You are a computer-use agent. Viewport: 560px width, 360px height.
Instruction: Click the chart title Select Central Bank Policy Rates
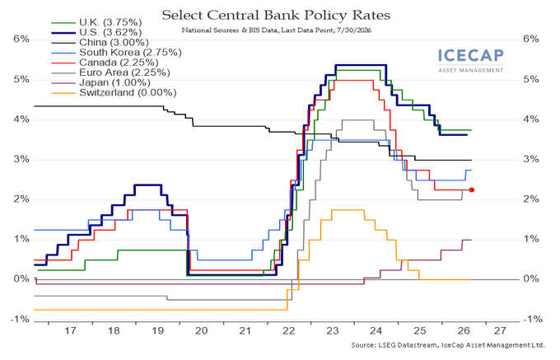pyautogui.click(x=276, y=15)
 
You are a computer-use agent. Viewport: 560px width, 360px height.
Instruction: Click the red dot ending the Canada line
pyautogui.click(x=471, y=190)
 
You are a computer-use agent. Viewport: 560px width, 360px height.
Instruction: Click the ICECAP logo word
pyautogui.click(x=471, y=56)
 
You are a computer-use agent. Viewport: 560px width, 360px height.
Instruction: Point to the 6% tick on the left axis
pyautogui.click(x=21, y=39)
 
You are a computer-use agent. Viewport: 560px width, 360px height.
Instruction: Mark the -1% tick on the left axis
pyautogui.click(x=20, y=319)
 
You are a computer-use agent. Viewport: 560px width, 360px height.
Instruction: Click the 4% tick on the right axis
pyautogui.click(x=530, y=119)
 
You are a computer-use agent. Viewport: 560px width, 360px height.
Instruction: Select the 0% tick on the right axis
pyautogui.click(x=530, y=279)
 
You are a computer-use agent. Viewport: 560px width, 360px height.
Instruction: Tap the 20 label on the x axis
pyautogui.click(x=202, y=330)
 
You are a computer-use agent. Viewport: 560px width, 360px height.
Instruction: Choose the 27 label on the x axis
pyautogui.click(x=500, y=330)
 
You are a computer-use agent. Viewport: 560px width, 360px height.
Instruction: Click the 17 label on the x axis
pyautogui.click(x=70, y=330)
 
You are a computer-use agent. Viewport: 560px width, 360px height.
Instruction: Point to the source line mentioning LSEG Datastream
pyautogui.click(x=448, y=345)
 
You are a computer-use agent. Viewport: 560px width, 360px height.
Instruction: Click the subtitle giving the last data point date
pyautogui.click(x=277, y=30)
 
